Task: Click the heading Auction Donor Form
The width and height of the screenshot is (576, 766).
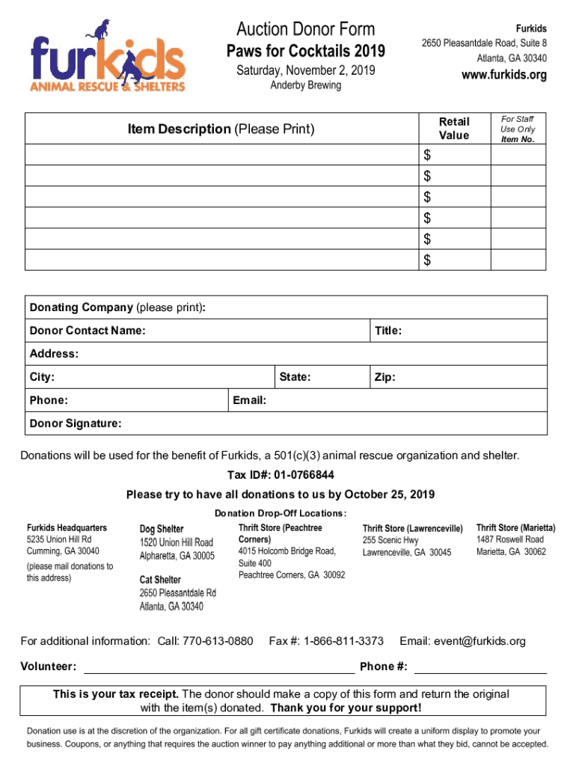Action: [x=305, y=30]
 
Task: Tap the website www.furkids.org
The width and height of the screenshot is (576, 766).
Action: [x=504, y=75]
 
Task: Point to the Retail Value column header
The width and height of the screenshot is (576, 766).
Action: [x=454, y=128]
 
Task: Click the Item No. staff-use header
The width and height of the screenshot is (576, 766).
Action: [x=518, y=139]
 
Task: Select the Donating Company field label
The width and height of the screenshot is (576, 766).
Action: [x=81, y=307]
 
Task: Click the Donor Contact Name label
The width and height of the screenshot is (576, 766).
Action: [x=88, y=331]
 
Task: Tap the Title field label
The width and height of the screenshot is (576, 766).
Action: [x=388, y=331]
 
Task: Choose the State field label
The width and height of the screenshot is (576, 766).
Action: [x=295, y=377]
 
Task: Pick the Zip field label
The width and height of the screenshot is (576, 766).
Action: [x=384, y=377]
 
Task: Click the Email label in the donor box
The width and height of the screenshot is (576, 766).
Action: [x=250, y=400]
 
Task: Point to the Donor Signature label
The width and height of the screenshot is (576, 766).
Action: [x=75, y=423]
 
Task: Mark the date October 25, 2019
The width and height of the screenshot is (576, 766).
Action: [x=384, y=494]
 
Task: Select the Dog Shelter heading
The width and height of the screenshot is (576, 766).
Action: [x=162, y=529]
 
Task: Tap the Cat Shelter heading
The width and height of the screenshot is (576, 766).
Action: [x=160, y=579]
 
